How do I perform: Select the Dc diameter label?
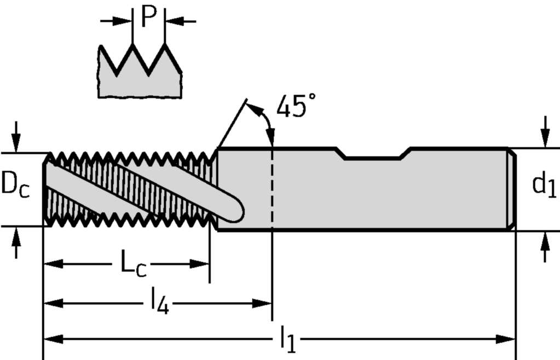(x=15, y=185)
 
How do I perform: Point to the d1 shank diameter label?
(x=544, y=184)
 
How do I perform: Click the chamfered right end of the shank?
(x=512, y=189)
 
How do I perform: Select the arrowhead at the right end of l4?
(x=262, y=304)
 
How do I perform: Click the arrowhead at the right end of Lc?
(x=199, y=264)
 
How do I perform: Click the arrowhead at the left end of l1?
(x=54, y=339)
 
